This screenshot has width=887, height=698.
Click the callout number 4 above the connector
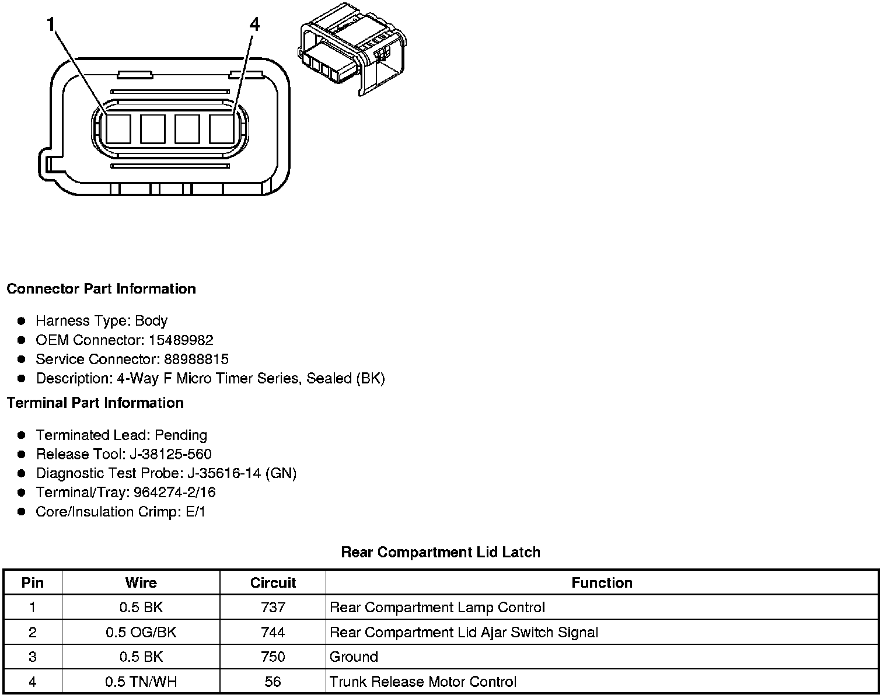coord(254,25)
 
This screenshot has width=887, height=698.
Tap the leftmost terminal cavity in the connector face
coord(118,128)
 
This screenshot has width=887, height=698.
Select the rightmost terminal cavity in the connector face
coord(222,128)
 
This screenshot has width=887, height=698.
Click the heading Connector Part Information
coord(101,289)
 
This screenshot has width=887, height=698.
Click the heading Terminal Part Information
coord(95,403)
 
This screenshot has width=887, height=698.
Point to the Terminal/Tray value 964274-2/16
coord(174,493)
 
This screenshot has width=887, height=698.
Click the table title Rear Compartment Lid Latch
coord(441,552)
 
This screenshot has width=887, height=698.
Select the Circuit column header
coord(273,582)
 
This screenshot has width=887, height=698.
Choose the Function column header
coord(602,582)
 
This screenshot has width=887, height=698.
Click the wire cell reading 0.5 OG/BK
coord(141,632)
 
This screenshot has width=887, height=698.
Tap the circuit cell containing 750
coord(273,657)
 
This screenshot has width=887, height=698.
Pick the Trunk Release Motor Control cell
coord(423,682)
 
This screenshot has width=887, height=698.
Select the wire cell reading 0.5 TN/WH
coord(141,682)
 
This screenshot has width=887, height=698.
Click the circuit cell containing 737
coord(273,608)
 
